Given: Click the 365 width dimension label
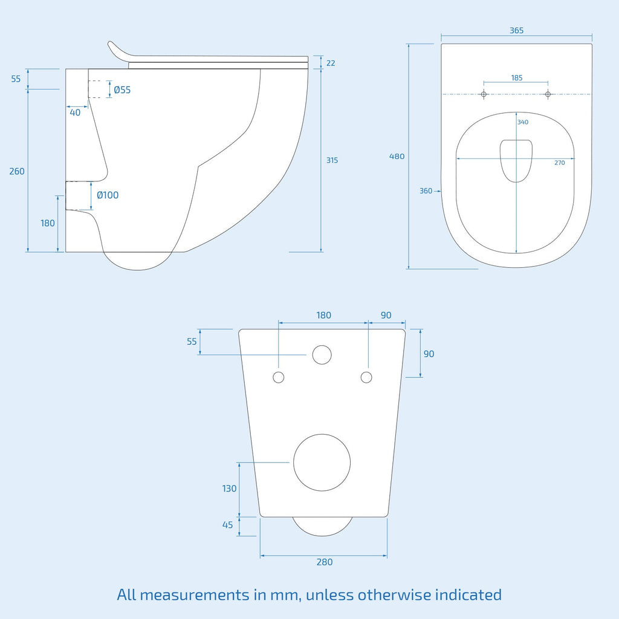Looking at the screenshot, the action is click(x=516, y=30).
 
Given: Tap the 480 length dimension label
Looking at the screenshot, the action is click(x=397, y=157).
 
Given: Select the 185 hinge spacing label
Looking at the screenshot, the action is click(x=517, y=78).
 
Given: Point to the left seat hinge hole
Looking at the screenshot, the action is click(x=484, y=94).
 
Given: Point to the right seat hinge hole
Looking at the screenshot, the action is click(x=548, y=94).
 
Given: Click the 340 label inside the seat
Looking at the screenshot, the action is click(x=523, y=122).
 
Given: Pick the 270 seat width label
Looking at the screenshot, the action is click(x=559, y=163).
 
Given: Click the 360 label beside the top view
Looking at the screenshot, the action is click(x=426, y=191).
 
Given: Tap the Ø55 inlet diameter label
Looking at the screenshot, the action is click(x=122, y=90).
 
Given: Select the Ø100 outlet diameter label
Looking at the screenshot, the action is click(x=108, y=195).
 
